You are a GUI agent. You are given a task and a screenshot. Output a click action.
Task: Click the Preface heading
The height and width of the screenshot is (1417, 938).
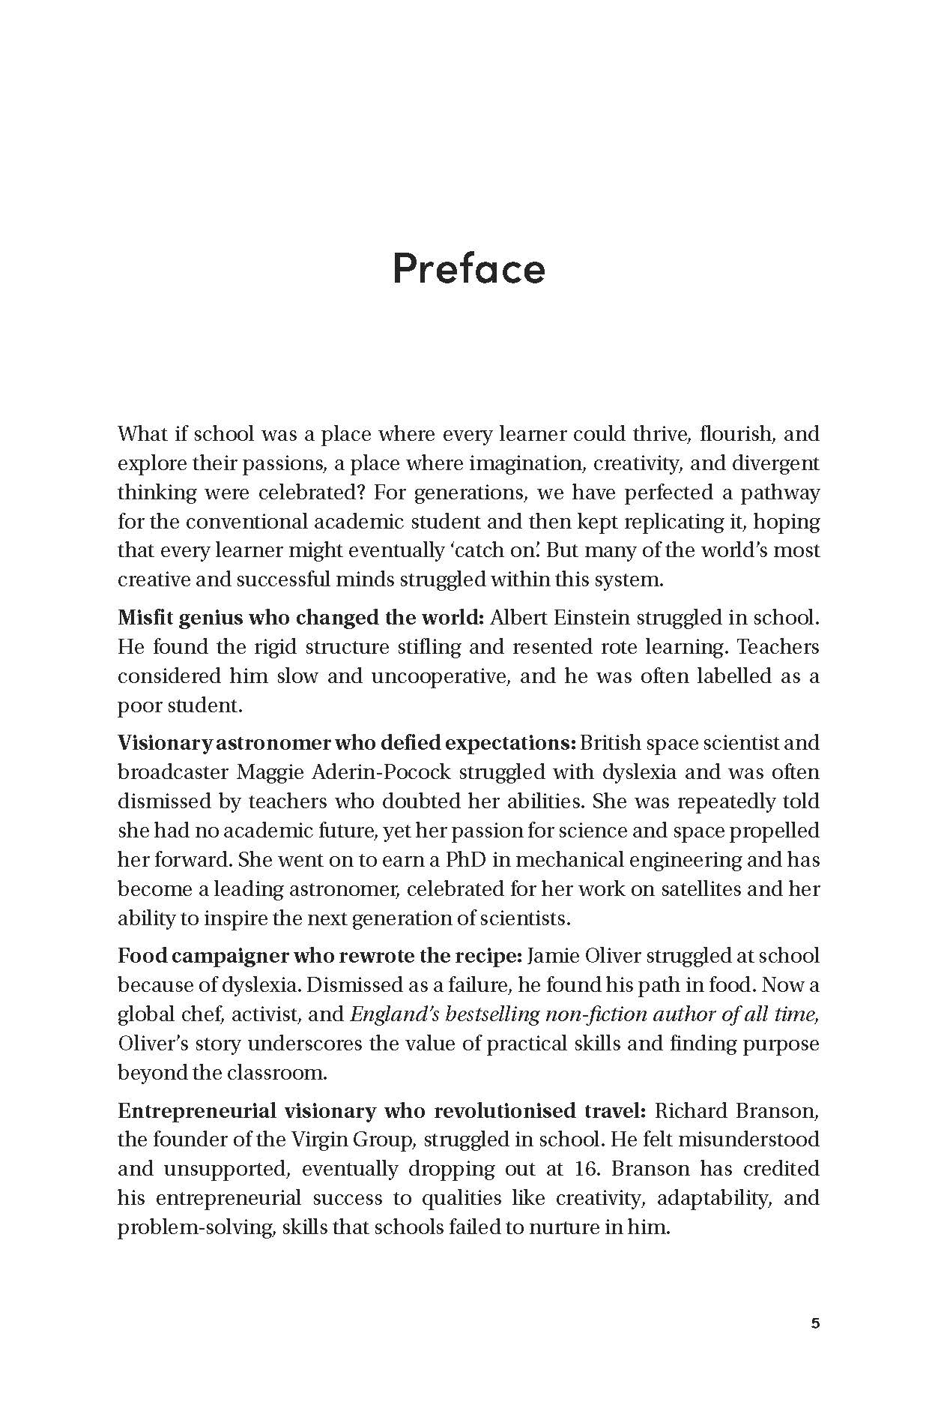click(468, 268)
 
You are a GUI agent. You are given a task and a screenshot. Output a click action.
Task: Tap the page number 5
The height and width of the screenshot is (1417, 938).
click(815, 1323)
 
